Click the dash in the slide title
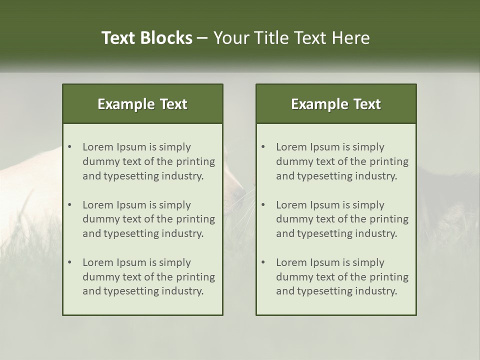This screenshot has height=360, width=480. (x=202, y=38)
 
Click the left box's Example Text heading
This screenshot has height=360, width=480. (x=142, y=104)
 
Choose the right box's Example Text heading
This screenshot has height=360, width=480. (x=336, y=104)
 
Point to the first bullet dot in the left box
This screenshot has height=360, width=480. (x=69, y=147)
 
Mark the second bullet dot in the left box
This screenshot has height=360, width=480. (x=69, y=205)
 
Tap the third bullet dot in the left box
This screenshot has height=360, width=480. (x=69, y=262)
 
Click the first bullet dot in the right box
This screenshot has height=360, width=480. (x=263, y=147)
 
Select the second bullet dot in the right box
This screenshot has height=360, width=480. (x=263, y=205)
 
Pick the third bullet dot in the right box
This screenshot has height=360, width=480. (x=263, y=262)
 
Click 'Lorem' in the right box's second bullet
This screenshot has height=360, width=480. (x=290, y=205)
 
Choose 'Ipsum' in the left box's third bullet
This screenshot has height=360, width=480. (x=130, y=262)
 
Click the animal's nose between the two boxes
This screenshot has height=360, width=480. (x=239, y=193)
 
